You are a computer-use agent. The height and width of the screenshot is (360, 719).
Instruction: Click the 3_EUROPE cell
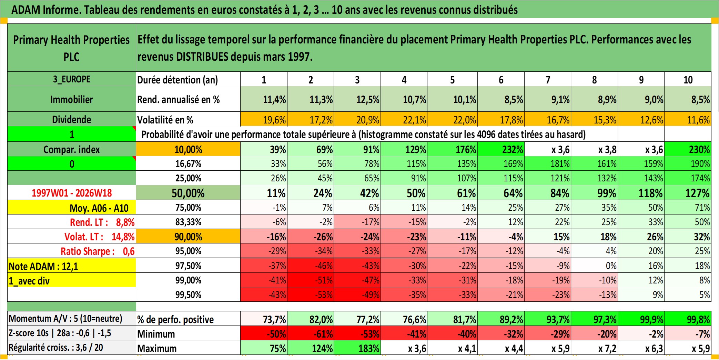click(72, 79)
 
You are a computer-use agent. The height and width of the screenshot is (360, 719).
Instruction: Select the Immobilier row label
click(72, 99)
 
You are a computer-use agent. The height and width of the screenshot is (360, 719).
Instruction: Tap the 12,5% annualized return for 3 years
click(357, 99)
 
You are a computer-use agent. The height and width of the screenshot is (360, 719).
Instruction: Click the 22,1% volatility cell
click(404, 119)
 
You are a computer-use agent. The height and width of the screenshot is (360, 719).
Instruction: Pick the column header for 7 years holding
click(548, 80)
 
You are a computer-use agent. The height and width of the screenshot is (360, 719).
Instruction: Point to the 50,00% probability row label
click(188, 193)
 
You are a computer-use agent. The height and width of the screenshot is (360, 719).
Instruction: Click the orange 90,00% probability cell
click(188, 237)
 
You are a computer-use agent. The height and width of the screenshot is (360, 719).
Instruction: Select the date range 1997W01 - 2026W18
click(72, 193)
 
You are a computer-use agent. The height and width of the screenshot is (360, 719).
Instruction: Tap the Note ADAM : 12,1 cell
click(72, 266)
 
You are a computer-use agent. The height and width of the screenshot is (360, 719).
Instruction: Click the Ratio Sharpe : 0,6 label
click(98, 251)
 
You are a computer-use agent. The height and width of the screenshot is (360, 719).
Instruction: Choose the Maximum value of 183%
click(357, 348)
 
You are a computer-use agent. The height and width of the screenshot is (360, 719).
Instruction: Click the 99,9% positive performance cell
click(641, 319)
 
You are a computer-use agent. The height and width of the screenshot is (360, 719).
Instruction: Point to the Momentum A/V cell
click(72, 319)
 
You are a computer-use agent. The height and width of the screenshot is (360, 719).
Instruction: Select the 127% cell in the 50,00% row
click(688, 193)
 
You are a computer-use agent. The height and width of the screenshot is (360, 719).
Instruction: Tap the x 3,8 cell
click(595, 149)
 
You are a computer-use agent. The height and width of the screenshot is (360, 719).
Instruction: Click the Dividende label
click(72, 119)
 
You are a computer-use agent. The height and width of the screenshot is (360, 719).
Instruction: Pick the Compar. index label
click(72, 149)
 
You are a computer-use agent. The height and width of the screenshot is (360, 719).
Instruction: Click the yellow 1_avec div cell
click(72, 280)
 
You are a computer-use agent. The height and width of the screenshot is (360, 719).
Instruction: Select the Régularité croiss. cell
click(72, 348)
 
